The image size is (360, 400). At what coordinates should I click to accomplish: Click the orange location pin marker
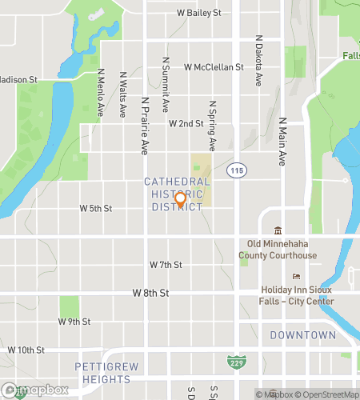tap(180, 200)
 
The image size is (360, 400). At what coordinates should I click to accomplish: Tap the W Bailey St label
tap(198, 14)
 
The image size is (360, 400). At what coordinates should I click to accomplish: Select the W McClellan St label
tap(213, 68)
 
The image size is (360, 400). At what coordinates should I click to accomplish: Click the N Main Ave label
tap(282, 141)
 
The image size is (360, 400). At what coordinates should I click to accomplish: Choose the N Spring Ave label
tap(213, 125)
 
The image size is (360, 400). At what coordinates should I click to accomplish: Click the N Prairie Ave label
tap(145, 126)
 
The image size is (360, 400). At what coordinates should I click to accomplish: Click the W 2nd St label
tap(186, 124)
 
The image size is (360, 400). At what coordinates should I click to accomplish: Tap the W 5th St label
tap(96, 208)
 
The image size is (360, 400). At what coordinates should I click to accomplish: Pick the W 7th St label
tap(166, 264)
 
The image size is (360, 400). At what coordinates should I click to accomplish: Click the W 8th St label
tap(150, 294)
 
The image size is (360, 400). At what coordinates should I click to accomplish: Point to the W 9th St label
tap(74, 322)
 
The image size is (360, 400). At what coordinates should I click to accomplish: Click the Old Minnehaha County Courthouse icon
tap(278, 230)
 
